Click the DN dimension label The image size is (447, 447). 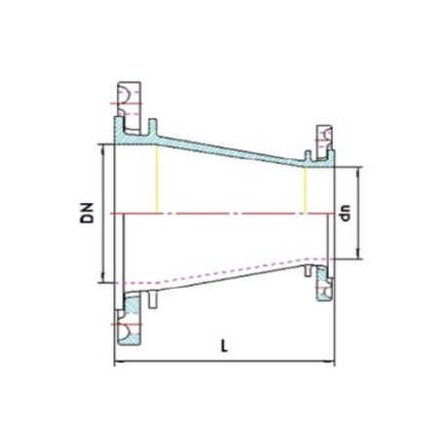[87, 213]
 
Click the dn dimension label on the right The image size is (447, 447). [345, 213]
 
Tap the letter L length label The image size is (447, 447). [223, 345]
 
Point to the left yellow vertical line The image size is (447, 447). [157, 179]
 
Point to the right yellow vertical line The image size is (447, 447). [305, 190]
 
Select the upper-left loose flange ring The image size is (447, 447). [130, 108]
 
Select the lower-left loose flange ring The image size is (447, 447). [130, 319]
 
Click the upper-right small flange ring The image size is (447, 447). [325, 142]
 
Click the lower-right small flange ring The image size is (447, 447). [325, 283]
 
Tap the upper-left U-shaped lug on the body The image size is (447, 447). [153, 128]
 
